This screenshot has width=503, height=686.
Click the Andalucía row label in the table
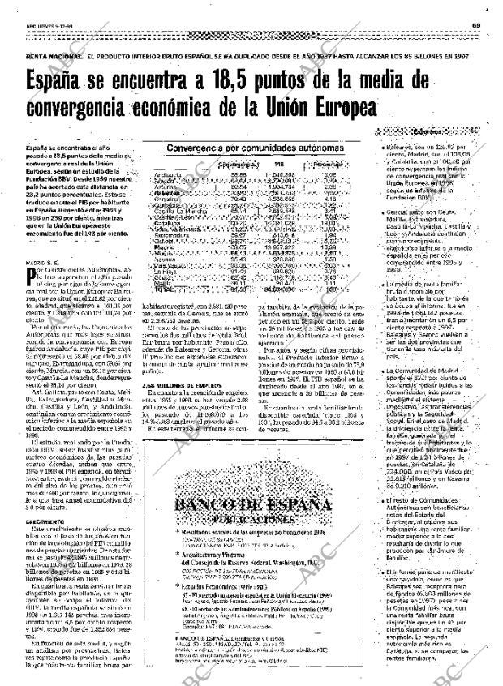(x=167, y=174)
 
